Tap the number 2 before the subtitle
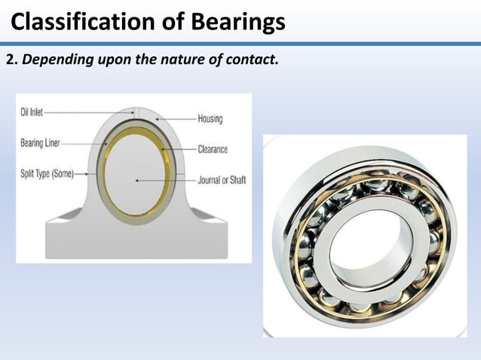tap(11, 60)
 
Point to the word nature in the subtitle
tap(199, 60)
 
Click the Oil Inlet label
tap(31, 111)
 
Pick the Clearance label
tap(213, 149)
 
